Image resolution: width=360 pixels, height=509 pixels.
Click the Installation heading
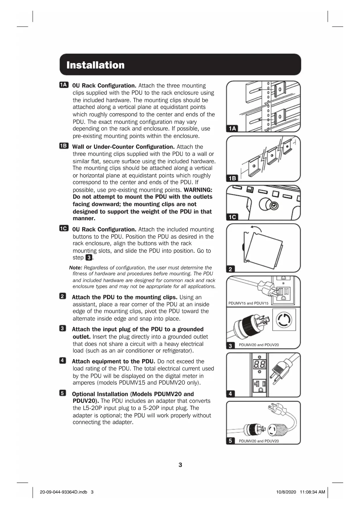pos(95,65)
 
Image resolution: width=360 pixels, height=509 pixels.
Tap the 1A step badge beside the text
pos(64,85)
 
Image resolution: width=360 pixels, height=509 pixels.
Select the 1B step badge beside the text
pos(64,146)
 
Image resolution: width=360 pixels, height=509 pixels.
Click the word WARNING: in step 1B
pos(198,190)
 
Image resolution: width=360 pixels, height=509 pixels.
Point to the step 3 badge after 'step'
pos(89,258)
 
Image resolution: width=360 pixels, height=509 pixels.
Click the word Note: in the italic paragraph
pos(76,268)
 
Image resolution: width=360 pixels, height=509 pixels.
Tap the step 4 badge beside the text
pos(63,361)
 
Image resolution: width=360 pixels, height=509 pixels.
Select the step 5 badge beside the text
pos(63,393)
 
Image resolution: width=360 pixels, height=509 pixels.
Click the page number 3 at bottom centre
pos(180,465)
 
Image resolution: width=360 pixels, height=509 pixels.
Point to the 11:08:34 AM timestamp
pos(312,492)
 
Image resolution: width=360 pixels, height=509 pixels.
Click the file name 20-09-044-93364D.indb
pos(64,492)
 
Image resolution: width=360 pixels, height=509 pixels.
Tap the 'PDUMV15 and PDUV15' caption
pos(248,303)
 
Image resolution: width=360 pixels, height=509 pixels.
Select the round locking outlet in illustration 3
pos(284,320)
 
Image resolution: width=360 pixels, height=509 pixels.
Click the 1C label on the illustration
pos(232,217)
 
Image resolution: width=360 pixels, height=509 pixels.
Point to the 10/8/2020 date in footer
pos(286,492)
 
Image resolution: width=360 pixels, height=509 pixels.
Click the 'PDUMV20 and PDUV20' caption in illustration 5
pos(259,441)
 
